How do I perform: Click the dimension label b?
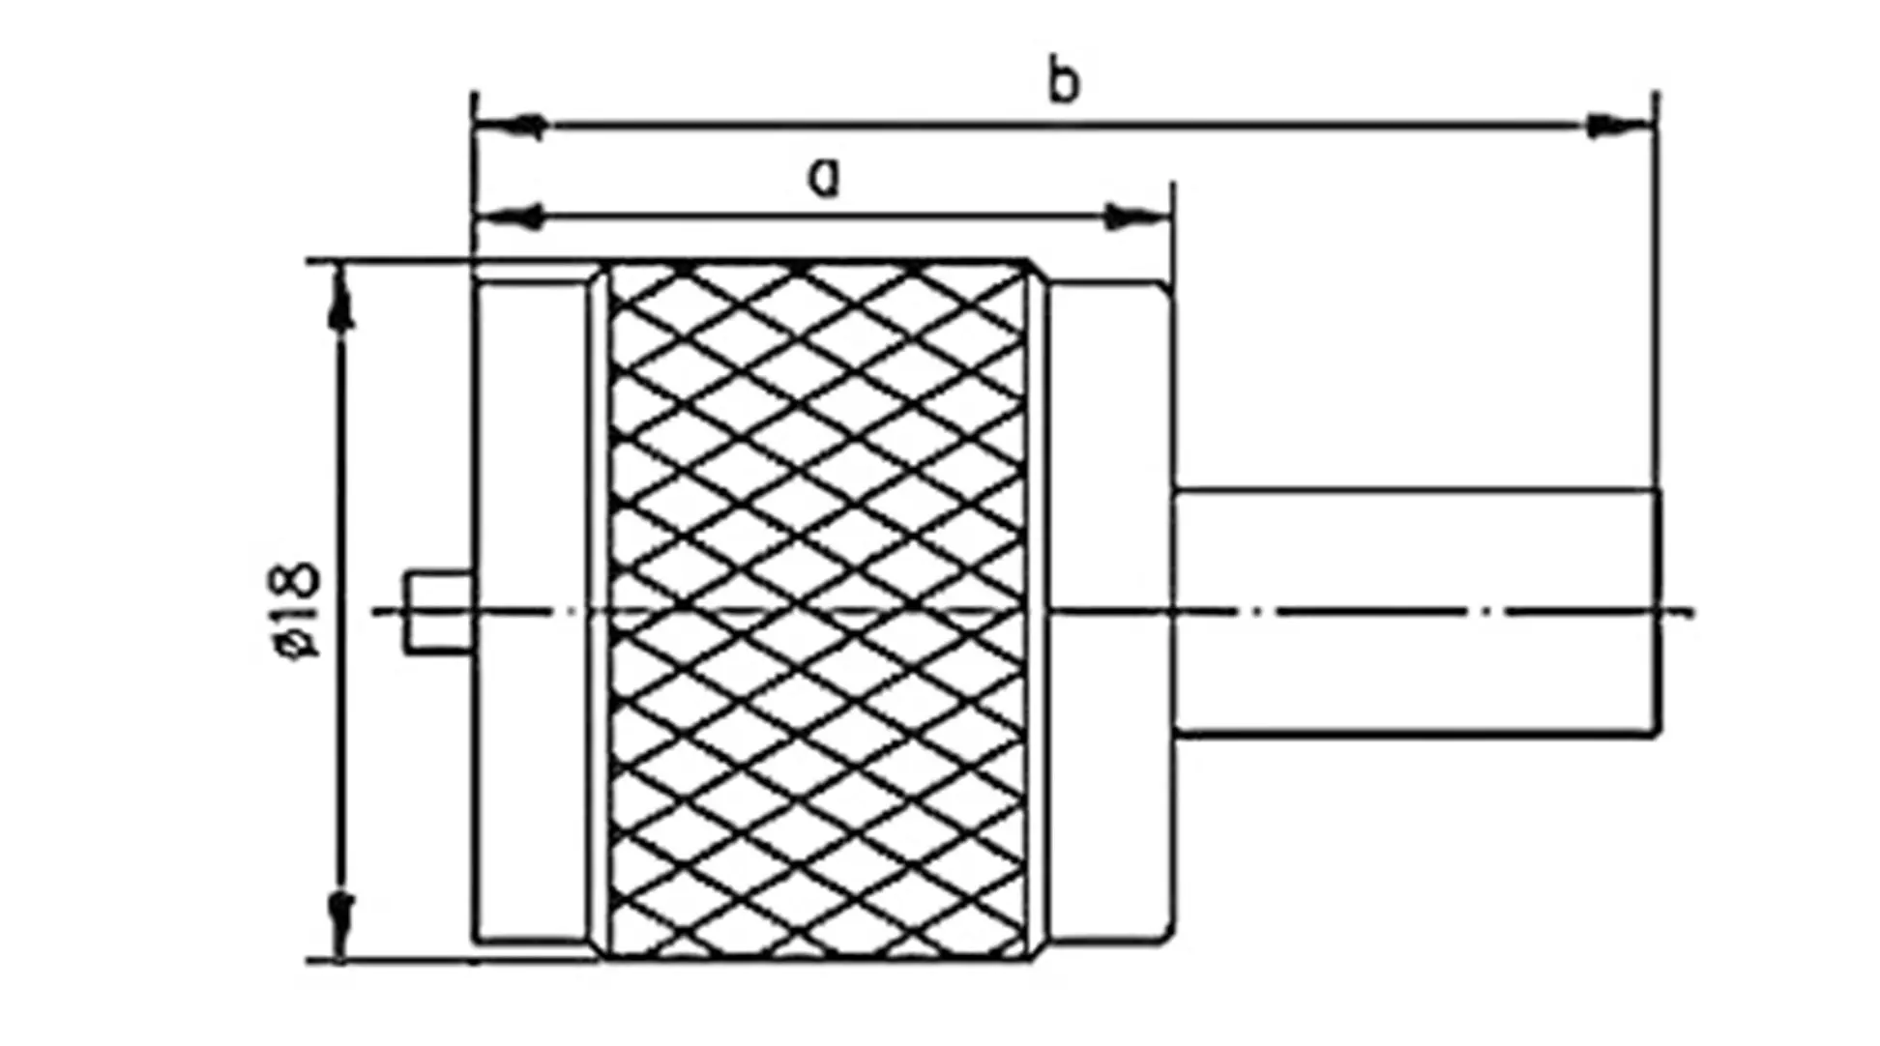1063,82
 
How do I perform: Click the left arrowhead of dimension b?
511,126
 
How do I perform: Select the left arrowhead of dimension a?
511,218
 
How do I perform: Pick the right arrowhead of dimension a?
1136,218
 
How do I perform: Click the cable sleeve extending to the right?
1417,612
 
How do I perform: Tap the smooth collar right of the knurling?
1111,611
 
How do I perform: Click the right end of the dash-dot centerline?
1692,612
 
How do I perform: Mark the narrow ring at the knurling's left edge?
600,611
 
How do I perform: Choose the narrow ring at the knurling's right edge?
1039,611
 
